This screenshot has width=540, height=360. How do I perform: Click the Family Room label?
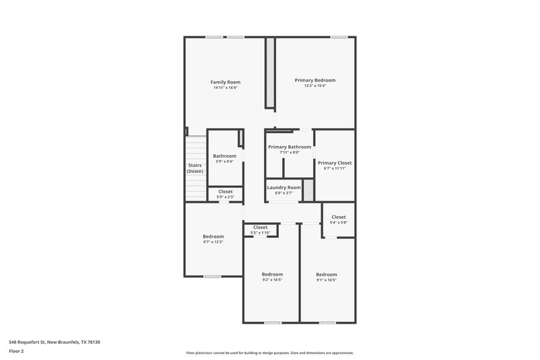tap(225, 82)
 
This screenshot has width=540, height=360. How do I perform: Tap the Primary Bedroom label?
tap(315, 80)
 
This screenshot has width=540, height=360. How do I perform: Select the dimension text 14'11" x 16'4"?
tap(225, 88)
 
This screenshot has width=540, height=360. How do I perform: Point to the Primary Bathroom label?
tap(290, 147)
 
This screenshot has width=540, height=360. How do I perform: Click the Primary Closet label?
tap(335, 163)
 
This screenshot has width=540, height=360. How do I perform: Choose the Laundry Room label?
tap(284, 187)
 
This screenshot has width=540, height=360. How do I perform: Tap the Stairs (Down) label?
tap(195, 168)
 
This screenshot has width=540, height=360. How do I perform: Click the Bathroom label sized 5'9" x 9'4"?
tap(225, 156)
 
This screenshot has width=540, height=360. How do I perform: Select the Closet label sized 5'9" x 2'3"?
tap(225, 191)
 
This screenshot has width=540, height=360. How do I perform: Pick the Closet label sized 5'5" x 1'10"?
tap(260, 227)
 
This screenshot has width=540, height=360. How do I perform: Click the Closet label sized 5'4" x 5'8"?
tap(338, 217)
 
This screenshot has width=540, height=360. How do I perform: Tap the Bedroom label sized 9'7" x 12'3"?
tap(213, 236)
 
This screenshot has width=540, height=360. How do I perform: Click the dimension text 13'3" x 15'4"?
tap(315, 86)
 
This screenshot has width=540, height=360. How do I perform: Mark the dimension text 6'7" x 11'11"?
tap(335, 168)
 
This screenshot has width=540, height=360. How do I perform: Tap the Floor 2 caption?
tap(16, 351)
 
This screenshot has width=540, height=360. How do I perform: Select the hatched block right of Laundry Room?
tap(308, 190)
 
